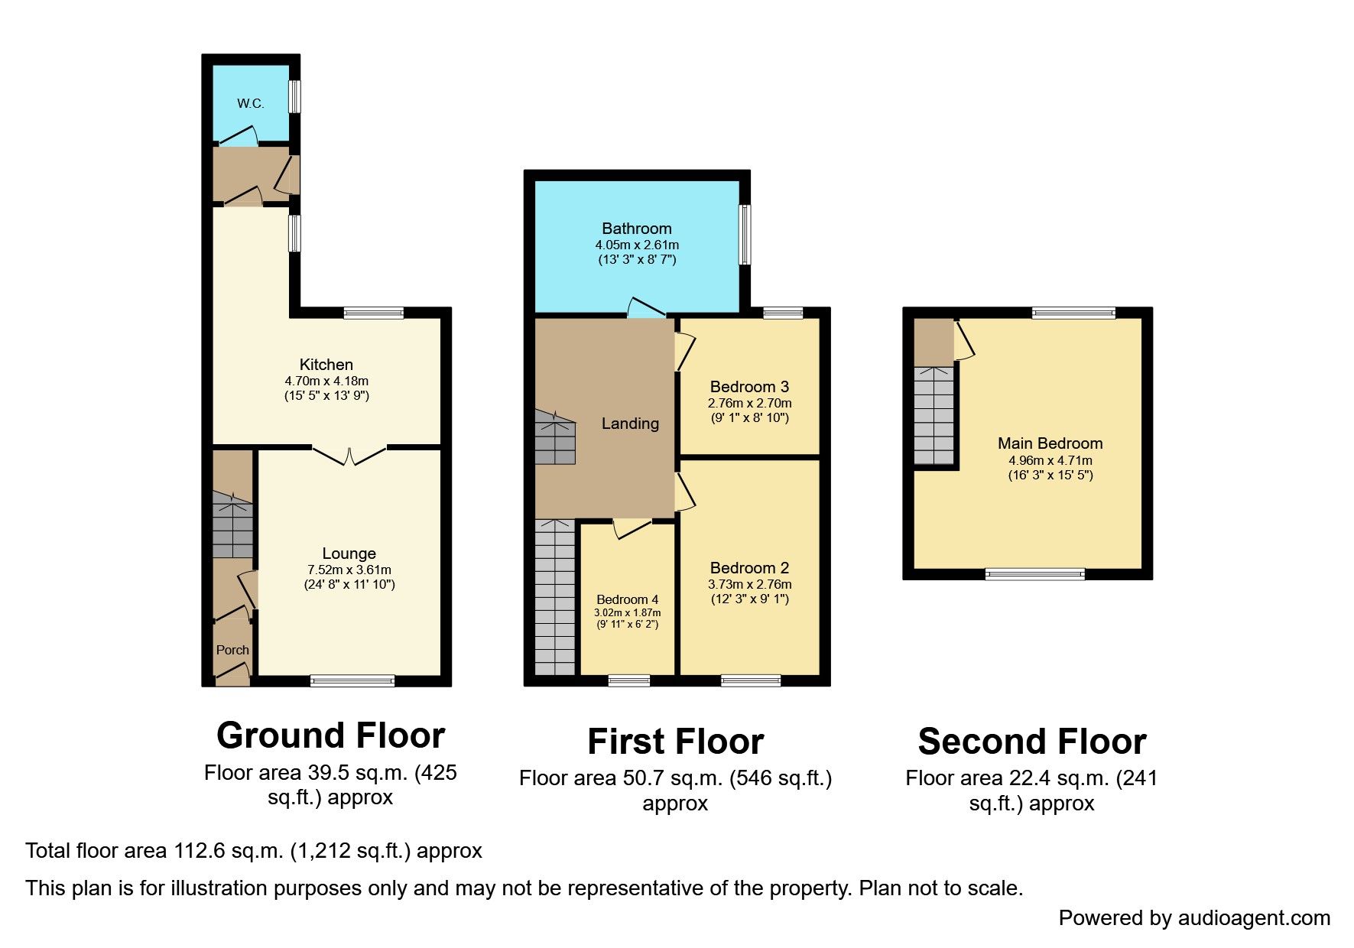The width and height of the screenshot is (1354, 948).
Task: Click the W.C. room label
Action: point(250,103)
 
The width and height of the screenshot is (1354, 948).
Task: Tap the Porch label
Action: point(232,650)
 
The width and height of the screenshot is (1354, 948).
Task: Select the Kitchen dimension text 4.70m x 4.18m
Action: point(326,381)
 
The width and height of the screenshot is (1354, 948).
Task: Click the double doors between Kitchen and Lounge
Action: point(349,456)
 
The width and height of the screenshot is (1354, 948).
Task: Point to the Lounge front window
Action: point(352,680)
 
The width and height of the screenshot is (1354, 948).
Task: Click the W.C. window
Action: point(294,97)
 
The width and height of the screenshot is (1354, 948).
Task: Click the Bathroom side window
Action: point(745,235)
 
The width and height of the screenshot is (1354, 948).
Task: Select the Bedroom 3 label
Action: point(749,387)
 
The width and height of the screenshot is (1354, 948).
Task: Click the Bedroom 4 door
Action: point(631,528)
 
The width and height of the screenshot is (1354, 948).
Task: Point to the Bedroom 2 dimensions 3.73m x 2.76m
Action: point(749,584)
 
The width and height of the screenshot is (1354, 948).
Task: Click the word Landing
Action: point(630,424)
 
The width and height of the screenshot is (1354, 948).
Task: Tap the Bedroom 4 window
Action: point(629,680)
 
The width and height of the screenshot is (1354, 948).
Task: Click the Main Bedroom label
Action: point(1050,443)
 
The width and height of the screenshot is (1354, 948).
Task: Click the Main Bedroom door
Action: point(964,341)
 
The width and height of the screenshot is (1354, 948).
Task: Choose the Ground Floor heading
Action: point(330,735)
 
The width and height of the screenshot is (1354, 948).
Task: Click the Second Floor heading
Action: point(1031,742)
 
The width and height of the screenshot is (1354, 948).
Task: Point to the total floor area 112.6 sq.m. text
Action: point(253,851)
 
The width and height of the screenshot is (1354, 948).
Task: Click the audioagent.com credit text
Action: point(1193,918)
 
